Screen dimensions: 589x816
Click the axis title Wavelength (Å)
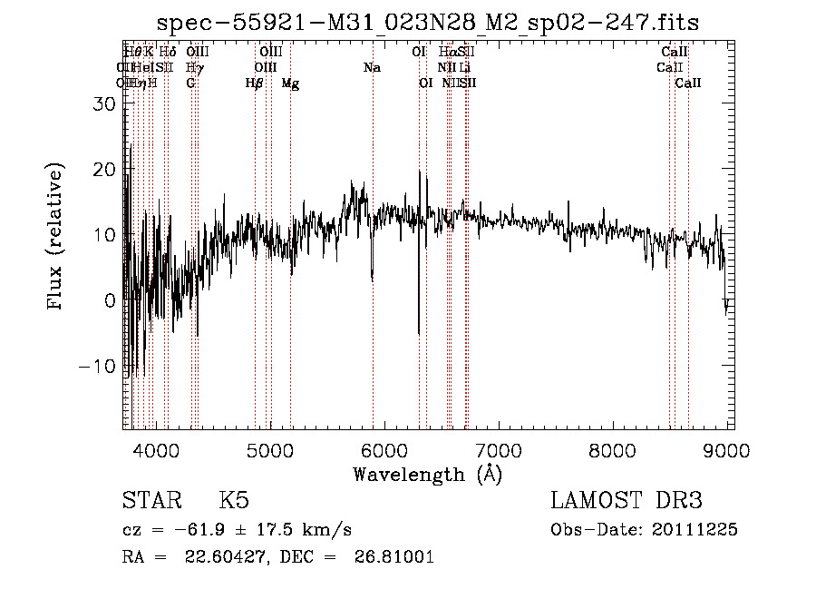(427, 474)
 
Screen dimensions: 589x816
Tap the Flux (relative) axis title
(56, 238)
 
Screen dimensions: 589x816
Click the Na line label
(372, 68)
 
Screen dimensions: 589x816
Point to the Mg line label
(290, 83)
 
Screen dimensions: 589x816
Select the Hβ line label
(255, 83)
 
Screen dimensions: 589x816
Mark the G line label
(190, 83)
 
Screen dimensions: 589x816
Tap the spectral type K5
(234, 501)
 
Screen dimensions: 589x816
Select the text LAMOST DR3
(627, 501)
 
